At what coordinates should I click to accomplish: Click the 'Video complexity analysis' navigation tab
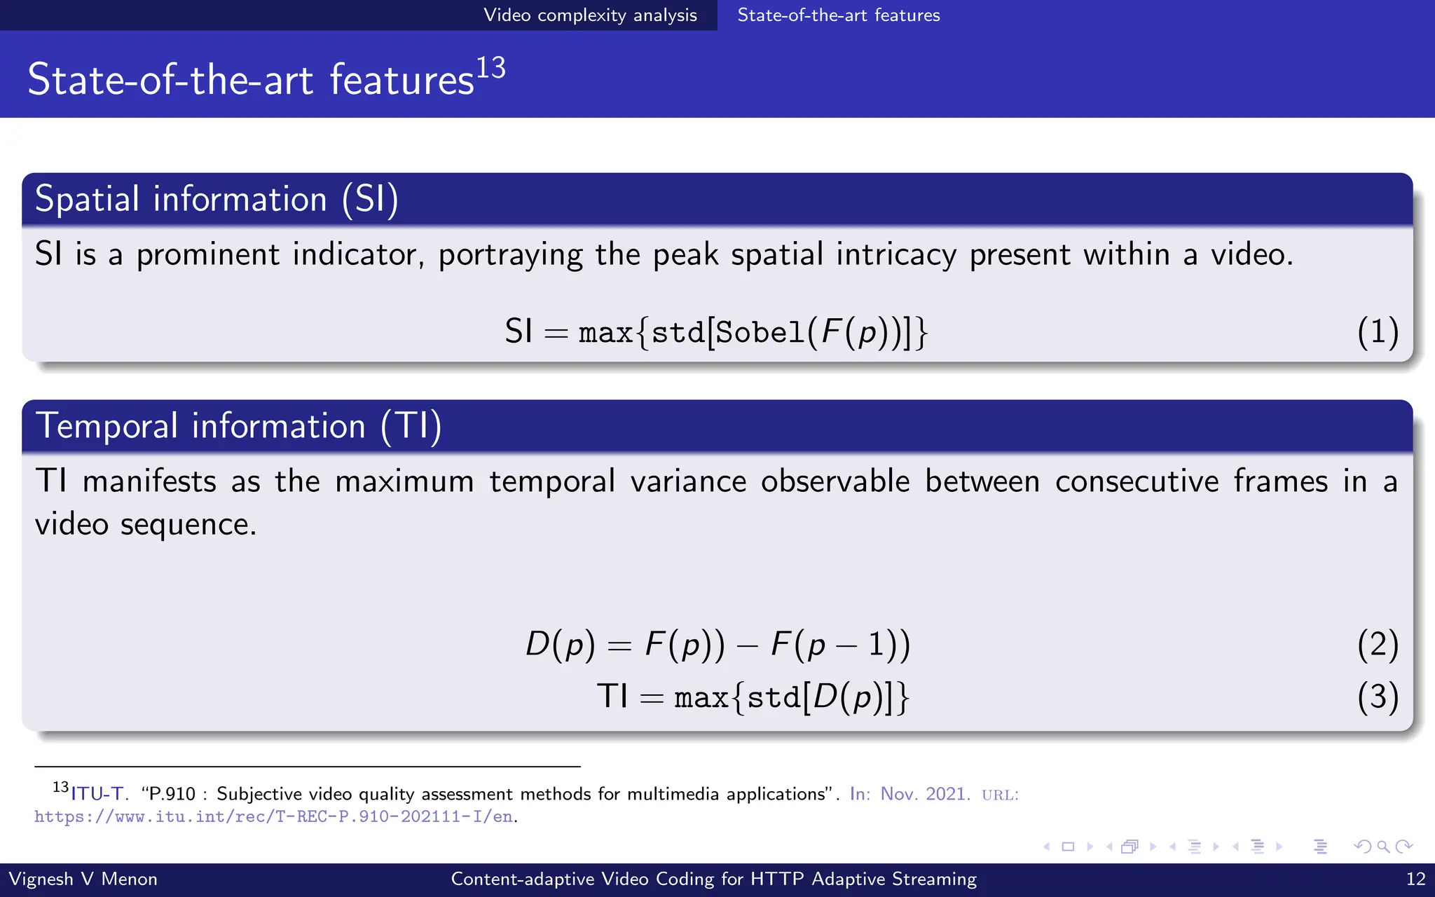pos(590,15)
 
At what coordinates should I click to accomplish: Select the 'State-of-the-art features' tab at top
pos(838,15)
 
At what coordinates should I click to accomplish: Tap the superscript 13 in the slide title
pos(490,68)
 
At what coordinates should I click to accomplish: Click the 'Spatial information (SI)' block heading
pos(217,199)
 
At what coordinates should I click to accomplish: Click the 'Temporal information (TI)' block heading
pos(238,426)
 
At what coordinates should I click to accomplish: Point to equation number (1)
pos(1377,331)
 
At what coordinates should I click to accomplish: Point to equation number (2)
pos(1377,644)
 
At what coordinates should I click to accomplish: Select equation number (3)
pos(1377,697)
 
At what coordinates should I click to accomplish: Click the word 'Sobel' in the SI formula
pos(760,331)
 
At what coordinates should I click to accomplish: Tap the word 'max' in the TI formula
pos(701,697)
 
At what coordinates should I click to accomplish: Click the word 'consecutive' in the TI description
pos(1137,481)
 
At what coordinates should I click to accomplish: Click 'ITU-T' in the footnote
pos(97,794)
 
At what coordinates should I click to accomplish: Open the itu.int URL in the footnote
pos(273,816)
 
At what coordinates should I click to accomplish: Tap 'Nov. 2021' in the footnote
pos(924,794)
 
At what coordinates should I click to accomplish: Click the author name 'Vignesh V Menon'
pos(83,879)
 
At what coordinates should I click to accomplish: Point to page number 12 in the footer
pos(1415,879)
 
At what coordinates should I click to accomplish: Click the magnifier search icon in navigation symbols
pos(1383,847)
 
